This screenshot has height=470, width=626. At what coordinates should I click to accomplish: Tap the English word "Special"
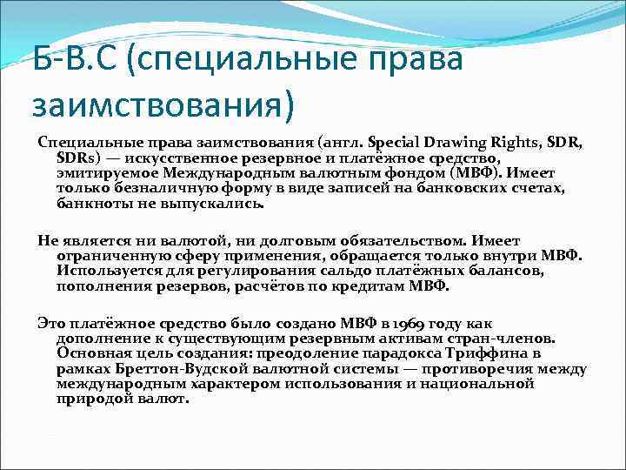(x=396, y=143)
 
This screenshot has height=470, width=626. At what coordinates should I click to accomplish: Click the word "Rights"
(x=520, y=143)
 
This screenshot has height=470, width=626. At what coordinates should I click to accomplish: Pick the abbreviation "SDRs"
(x=77, y=158)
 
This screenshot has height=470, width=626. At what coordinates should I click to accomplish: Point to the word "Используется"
(x=103, y=272)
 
